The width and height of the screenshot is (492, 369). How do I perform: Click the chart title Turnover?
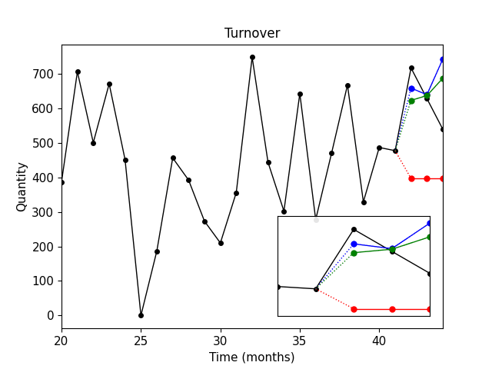pyautogui.click(x=251, y=33)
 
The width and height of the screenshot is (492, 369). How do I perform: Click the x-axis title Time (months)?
pyautogui.click(x=251, y=357)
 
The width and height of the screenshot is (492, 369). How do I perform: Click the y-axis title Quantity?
pyautogui.click(x=22, y=187)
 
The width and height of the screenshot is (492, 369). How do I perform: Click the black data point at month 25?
pyautogui.click(x=141, y=315)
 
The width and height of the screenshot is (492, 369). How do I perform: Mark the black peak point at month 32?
pyautogui.click(x=252, y=57)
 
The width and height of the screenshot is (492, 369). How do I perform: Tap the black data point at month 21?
pyautogui.click(x=78, y=71)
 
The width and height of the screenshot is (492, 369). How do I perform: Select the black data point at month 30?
pyautogui.click(x=221, y=243)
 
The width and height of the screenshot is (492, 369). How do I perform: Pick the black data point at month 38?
pyautogui.click(x=347, y=85)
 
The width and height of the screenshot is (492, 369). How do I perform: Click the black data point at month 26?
pyautogui.click(x=157, y=251)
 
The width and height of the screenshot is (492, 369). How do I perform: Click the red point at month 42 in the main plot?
pyautogui.click(x=411, y=178)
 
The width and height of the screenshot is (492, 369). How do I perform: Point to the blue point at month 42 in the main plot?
pyautogui.click(x=411, y=88)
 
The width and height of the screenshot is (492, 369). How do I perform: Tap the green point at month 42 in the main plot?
pyautogui.click(x=411, y=101)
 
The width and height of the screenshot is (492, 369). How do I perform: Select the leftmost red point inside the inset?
pyautogui.click(x=354, y=309)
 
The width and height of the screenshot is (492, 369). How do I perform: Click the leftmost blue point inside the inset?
pyautogui.click(x=354, y=244)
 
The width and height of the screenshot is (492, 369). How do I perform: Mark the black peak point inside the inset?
pyautogui.click(x=354, y=229)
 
